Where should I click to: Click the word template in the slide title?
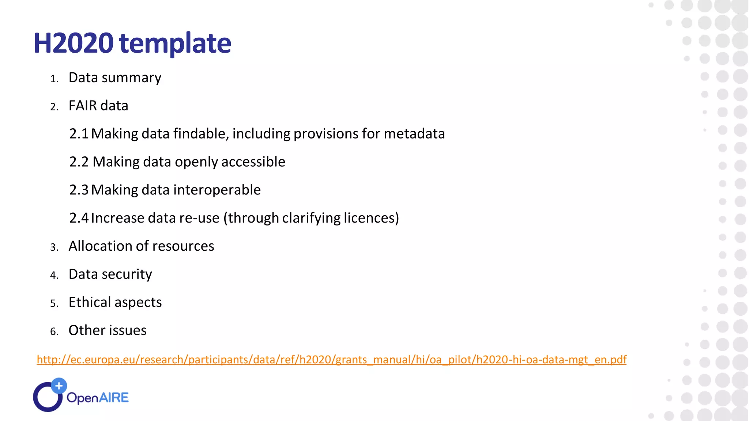pos(175,43)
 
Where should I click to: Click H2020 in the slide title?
pos(73,43)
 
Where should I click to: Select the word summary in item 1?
pos(131,78)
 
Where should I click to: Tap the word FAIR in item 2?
pos(82,106)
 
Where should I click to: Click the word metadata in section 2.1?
pos(414,134)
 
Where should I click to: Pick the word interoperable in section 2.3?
pos(217,190)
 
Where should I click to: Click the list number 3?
pos(54,247)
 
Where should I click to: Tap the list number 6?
pos(54,332)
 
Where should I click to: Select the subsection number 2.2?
pos(79,162)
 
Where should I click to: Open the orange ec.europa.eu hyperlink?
pos(331,360)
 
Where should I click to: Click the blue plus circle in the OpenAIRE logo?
pos(59,386)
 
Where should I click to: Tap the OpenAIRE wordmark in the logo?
pos(98,398)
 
